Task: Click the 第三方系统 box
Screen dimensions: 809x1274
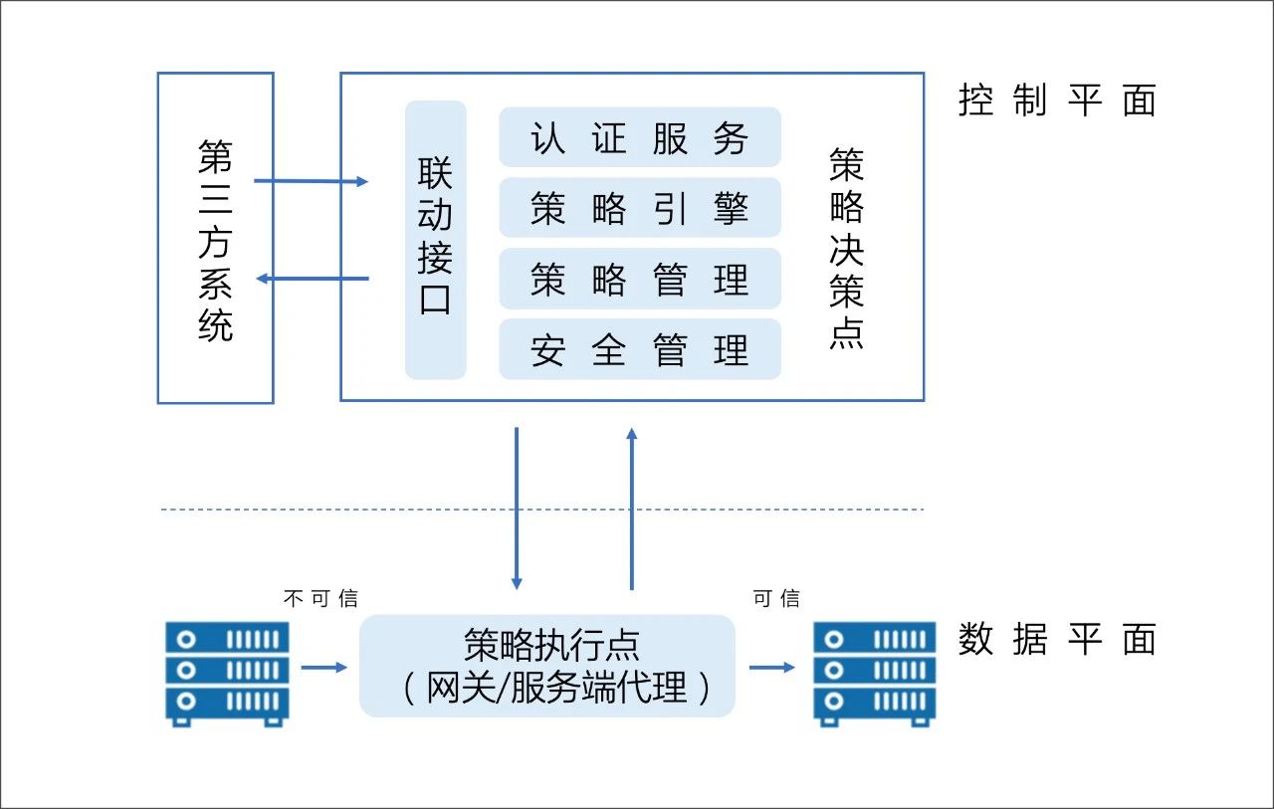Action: (x=215, y=238)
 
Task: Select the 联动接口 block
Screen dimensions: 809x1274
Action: (x=435, y=240)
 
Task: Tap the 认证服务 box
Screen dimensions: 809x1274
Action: (x=639, y=137)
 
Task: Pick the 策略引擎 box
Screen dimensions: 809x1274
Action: (x=639, y=208)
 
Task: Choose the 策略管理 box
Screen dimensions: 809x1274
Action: (x=639, y=279)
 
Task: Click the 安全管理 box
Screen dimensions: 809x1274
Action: (x=639, y=349)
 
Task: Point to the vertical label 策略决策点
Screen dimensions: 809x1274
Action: (x=846, y=249)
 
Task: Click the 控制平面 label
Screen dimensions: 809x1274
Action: (x=1057, y=101)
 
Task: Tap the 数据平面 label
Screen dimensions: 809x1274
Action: (x=1057, y=639)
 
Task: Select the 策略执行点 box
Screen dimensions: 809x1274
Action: (x=546, y=666)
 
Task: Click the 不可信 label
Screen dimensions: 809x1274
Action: (x=320, y=598)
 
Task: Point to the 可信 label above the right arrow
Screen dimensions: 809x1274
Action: (x=776, y=598)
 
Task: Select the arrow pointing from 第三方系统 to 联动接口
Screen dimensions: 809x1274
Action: (x=312, y=181)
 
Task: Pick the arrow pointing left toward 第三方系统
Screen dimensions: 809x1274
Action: (x=312, y=279)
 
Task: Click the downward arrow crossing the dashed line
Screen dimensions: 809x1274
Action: (x=516, y=507)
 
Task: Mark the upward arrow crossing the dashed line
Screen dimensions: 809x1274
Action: (x=631, y=507)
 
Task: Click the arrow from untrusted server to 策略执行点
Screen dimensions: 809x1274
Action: (x=324, y=667)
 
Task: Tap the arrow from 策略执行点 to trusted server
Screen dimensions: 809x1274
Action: (x=772, y=667)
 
